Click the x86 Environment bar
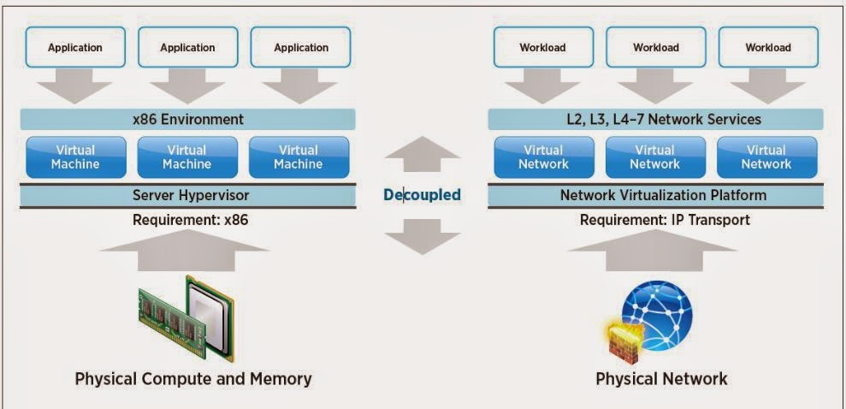click(187, 119)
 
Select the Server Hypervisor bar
click(187, 195)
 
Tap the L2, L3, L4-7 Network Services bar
click(655, 119)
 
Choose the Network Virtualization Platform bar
click(655, 195)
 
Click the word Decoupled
click(422, 195)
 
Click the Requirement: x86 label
click(188, 220)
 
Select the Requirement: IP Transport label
click(665, 220)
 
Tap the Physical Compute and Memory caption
click(193, 378)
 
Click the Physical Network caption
click(661, 378)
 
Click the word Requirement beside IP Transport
click(618, 220)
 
